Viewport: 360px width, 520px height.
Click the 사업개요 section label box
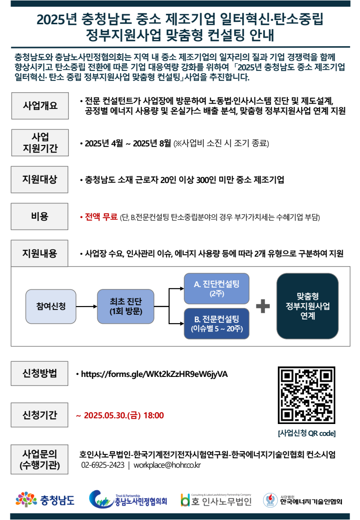point(40,106)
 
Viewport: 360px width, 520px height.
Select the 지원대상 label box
point(39,179)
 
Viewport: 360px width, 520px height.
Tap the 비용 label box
point(39,216)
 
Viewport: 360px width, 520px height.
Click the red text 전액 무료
point(101,217)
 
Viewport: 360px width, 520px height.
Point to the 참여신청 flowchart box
point(51,307)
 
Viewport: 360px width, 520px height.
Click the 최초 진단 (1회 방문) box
point(126,307)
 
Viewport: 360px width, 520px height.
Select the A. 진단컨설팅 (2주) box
point(217,289)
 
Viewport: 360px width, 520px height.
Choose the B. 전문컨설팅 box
point(217,324)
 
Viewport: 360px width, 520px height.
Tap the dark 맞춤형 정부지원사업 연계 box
point(308,306)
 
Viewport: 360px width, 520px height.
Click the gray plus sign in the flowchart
point(263,306)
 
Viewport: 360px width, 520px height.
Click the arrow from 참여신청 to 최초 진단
point(86,307)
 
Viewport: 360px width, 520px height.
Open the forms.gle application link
point(154,375)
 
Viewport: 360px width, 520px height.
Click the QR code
point(307,395)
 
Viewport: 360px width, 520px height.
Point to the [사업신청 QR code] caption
point(307,433)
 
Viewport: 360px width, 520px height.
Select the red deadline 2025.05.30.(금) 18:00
point(124,415)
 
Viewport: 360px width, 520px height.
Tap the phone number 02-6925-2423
point(103,465)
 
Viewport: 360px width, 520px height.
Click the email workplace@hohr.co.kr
point(167,465)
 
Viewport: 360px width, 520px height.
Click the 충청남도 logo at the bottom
point(45,500)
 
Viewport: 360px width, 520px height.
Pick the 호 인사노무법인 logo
point(216,500)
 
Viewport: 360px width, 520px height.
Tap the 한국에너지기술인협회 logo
point(303,500)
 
